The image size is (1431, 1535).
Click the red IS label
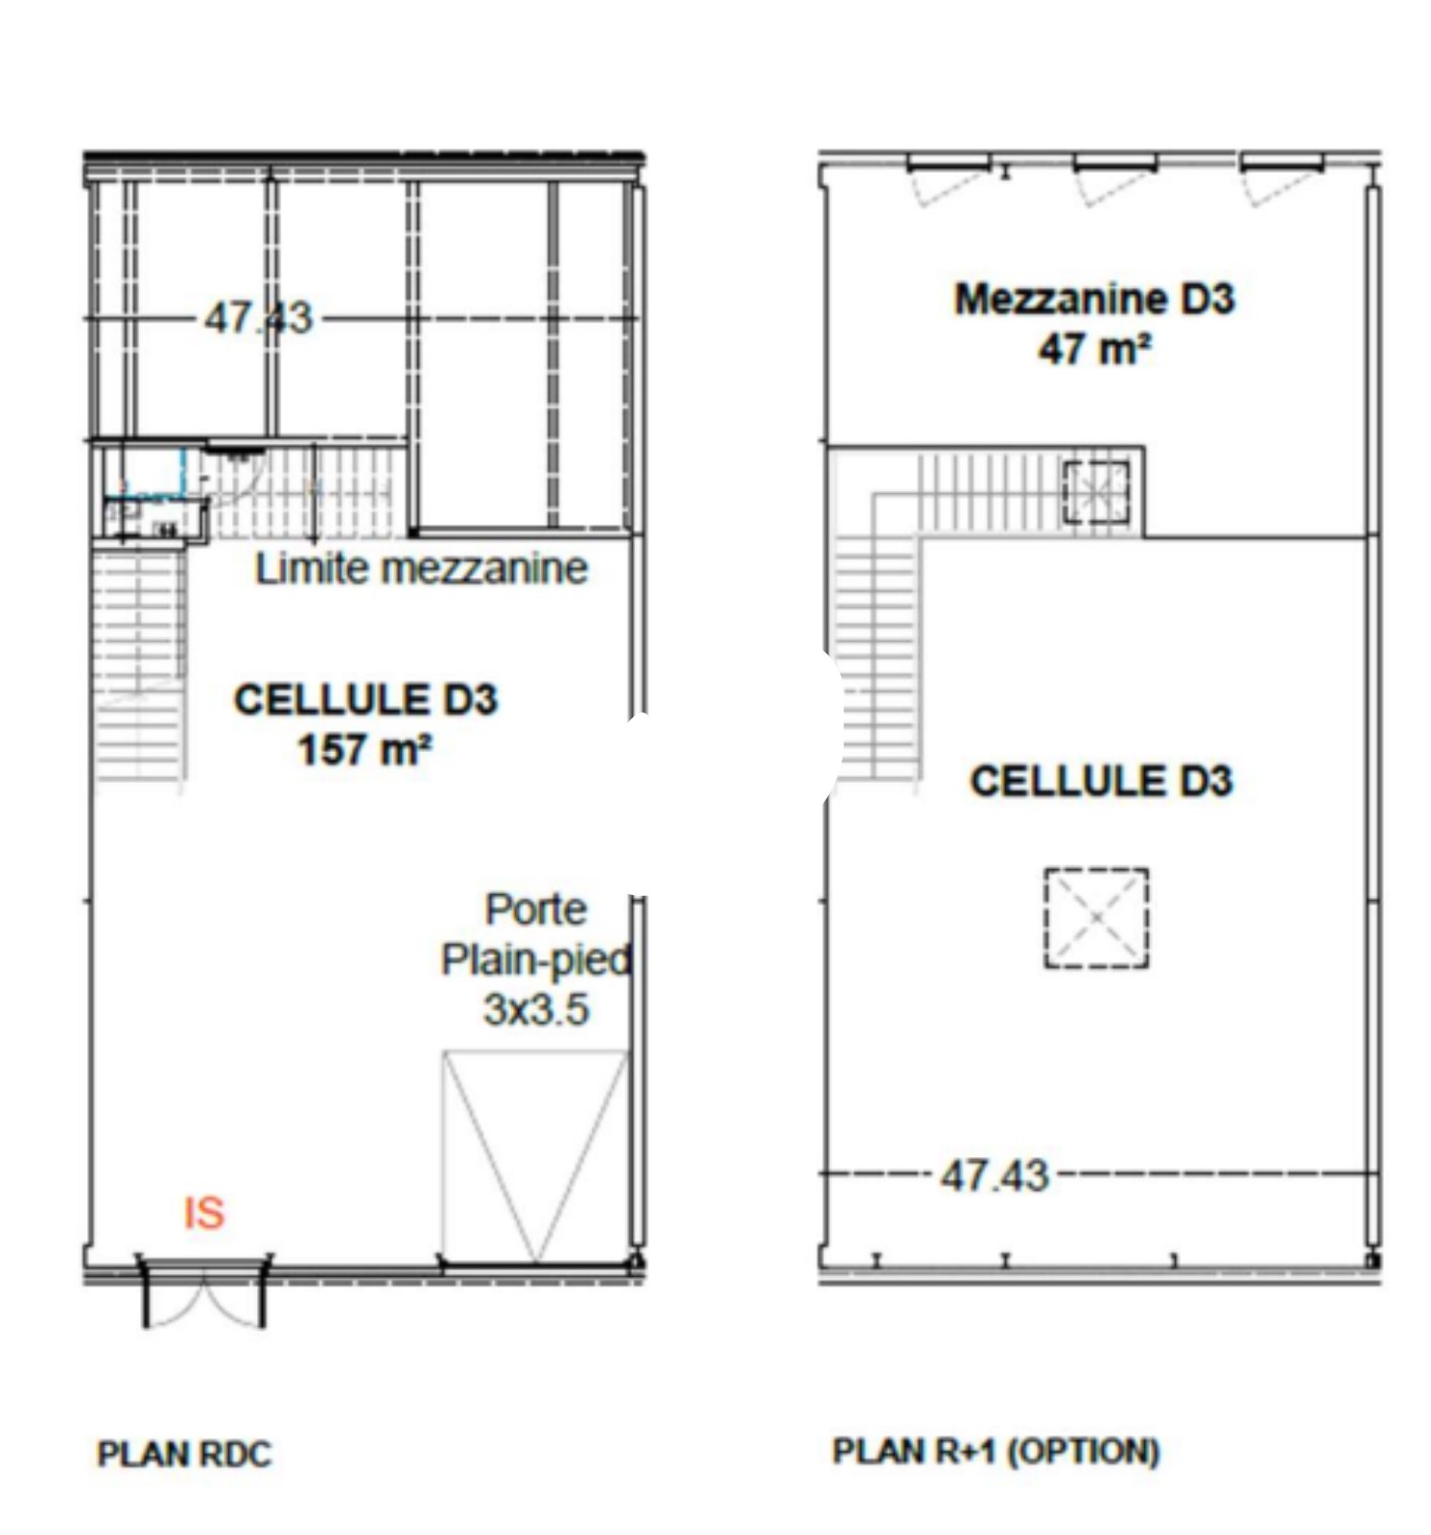pyautogui.click(x=203, y=1214)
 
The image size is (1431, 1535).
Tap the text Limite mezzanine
pyautogui.click(x=421, y=569)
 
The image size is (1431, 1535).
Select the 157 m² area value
pyautogui.click(x=364, y=749)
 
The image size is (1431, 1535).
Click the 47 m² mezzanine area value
pyautogui.click(x=1093, y=347)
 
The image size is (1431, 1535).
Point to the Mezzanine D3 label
pyautogui.click(x=1094, y=299)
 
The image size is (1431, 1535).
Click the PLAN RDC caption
pyautogui.click(x=185, y=1454)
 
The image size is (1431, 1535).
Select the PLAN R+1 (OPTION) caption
pyautogui.click(x=997, y=1452)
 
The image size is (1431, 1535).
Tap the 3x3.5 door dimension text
pyautogui.click(x=535, y=1009)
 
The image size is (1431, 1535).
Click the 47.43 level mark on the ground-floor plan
pyautogui.click(x=258, y=318)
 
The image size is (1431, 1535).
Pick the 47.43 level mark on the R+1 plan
pyautogui.click(x=995, y=1175)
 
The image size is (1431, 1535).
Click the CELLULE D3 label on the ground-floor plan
pyautogui.click(x=365, y=699)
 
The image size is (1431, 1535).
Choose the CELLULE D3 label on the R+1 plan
pyautogui.click(x=1101, y=781)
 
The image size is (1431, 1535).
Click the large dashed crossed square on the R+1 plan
pyautogui.click(x=1096, y=918)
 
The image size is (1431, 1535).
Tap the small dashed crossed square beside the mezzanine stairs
pyautogui.click(x=1096, y=492)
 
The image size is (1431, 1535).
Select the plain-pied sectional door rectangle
pyautogui.click(x=535, y=1157)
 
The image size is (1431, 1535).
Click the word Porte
pyautogui.click(x=536, y=909)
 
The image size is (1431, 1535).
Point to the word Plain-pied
pyautogui.click(x=536, y=959)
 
